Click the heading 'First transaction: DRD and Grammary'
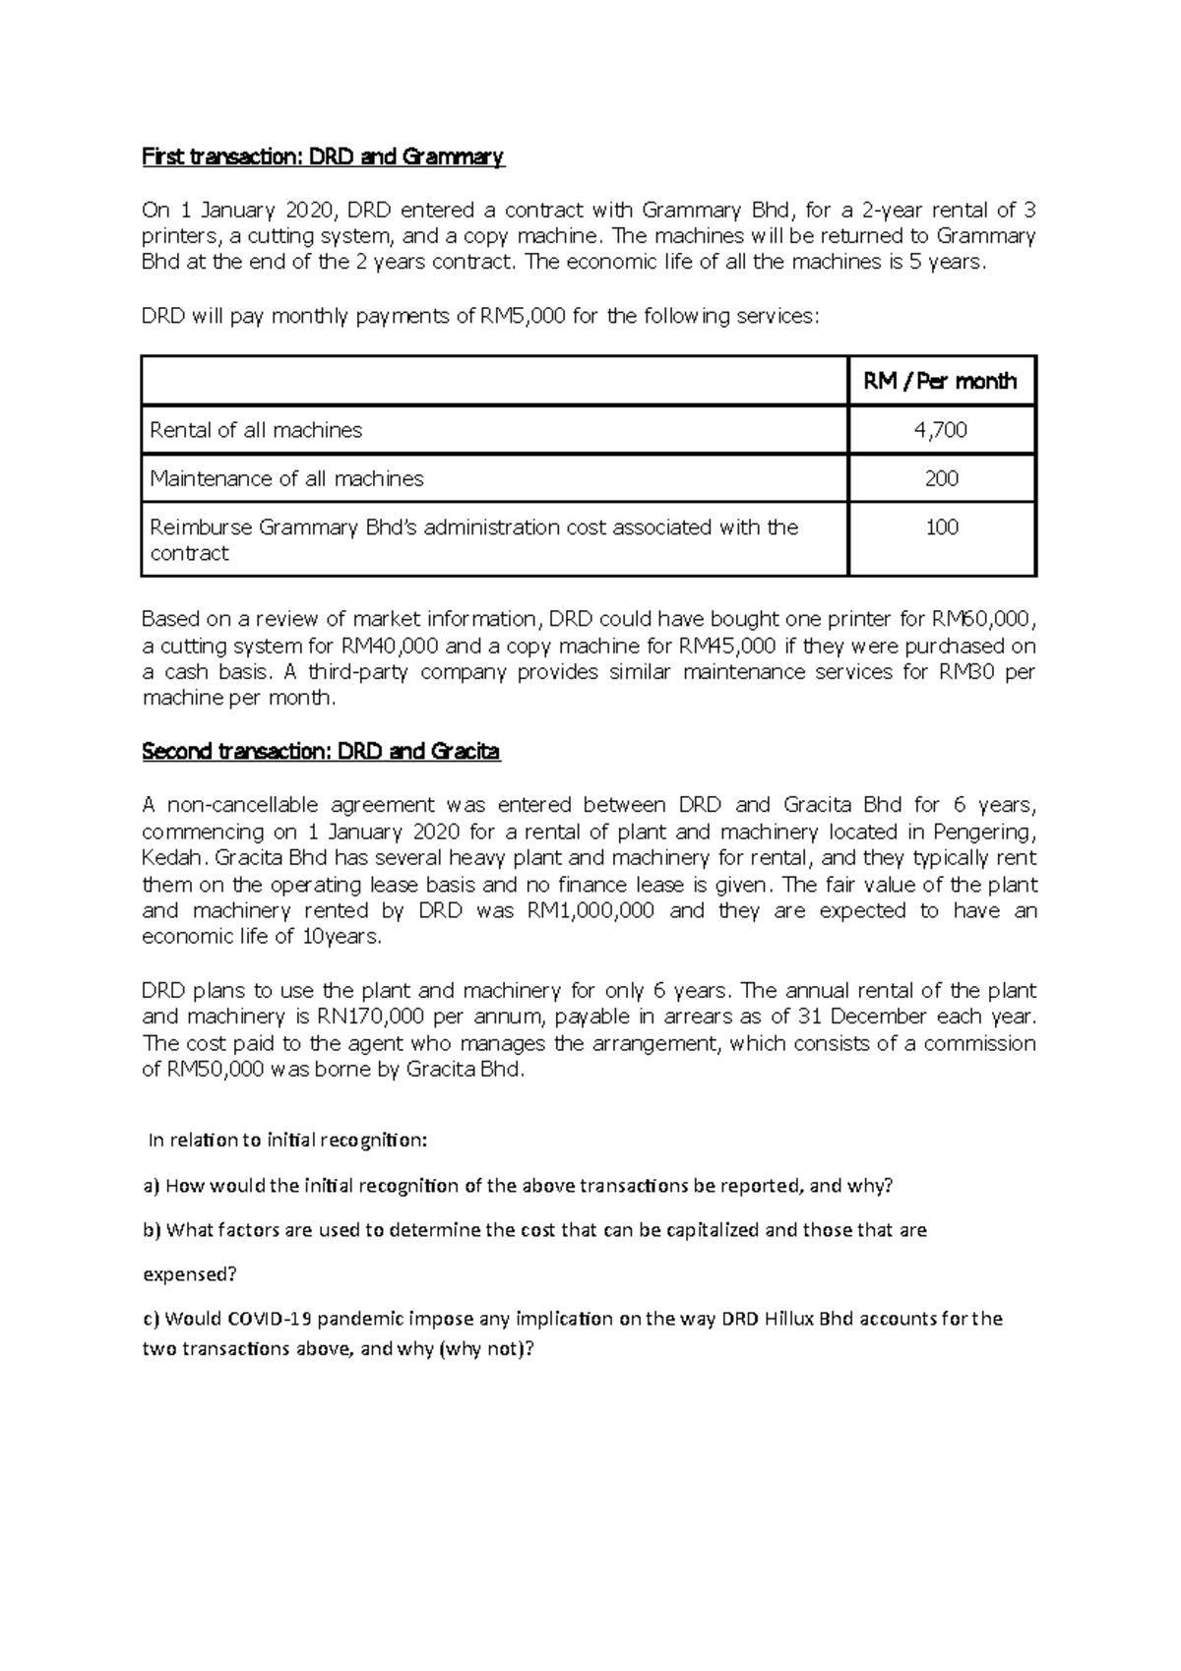323,156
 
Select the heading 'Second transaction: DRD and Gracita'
321,752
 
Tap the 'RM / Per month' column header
941,381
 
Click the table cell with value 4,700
941,430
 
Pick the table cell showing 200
941,479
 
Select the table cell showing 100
941,527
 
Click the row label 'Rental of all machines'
256,430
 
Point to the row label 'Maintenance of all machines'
286,479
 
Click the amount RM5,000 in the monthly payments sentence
523,317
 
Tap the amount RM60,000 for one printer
981,619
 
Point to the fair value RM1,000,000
590,910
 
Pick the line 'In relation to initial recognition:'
287,1141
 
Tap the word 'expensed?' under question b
190,1274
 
